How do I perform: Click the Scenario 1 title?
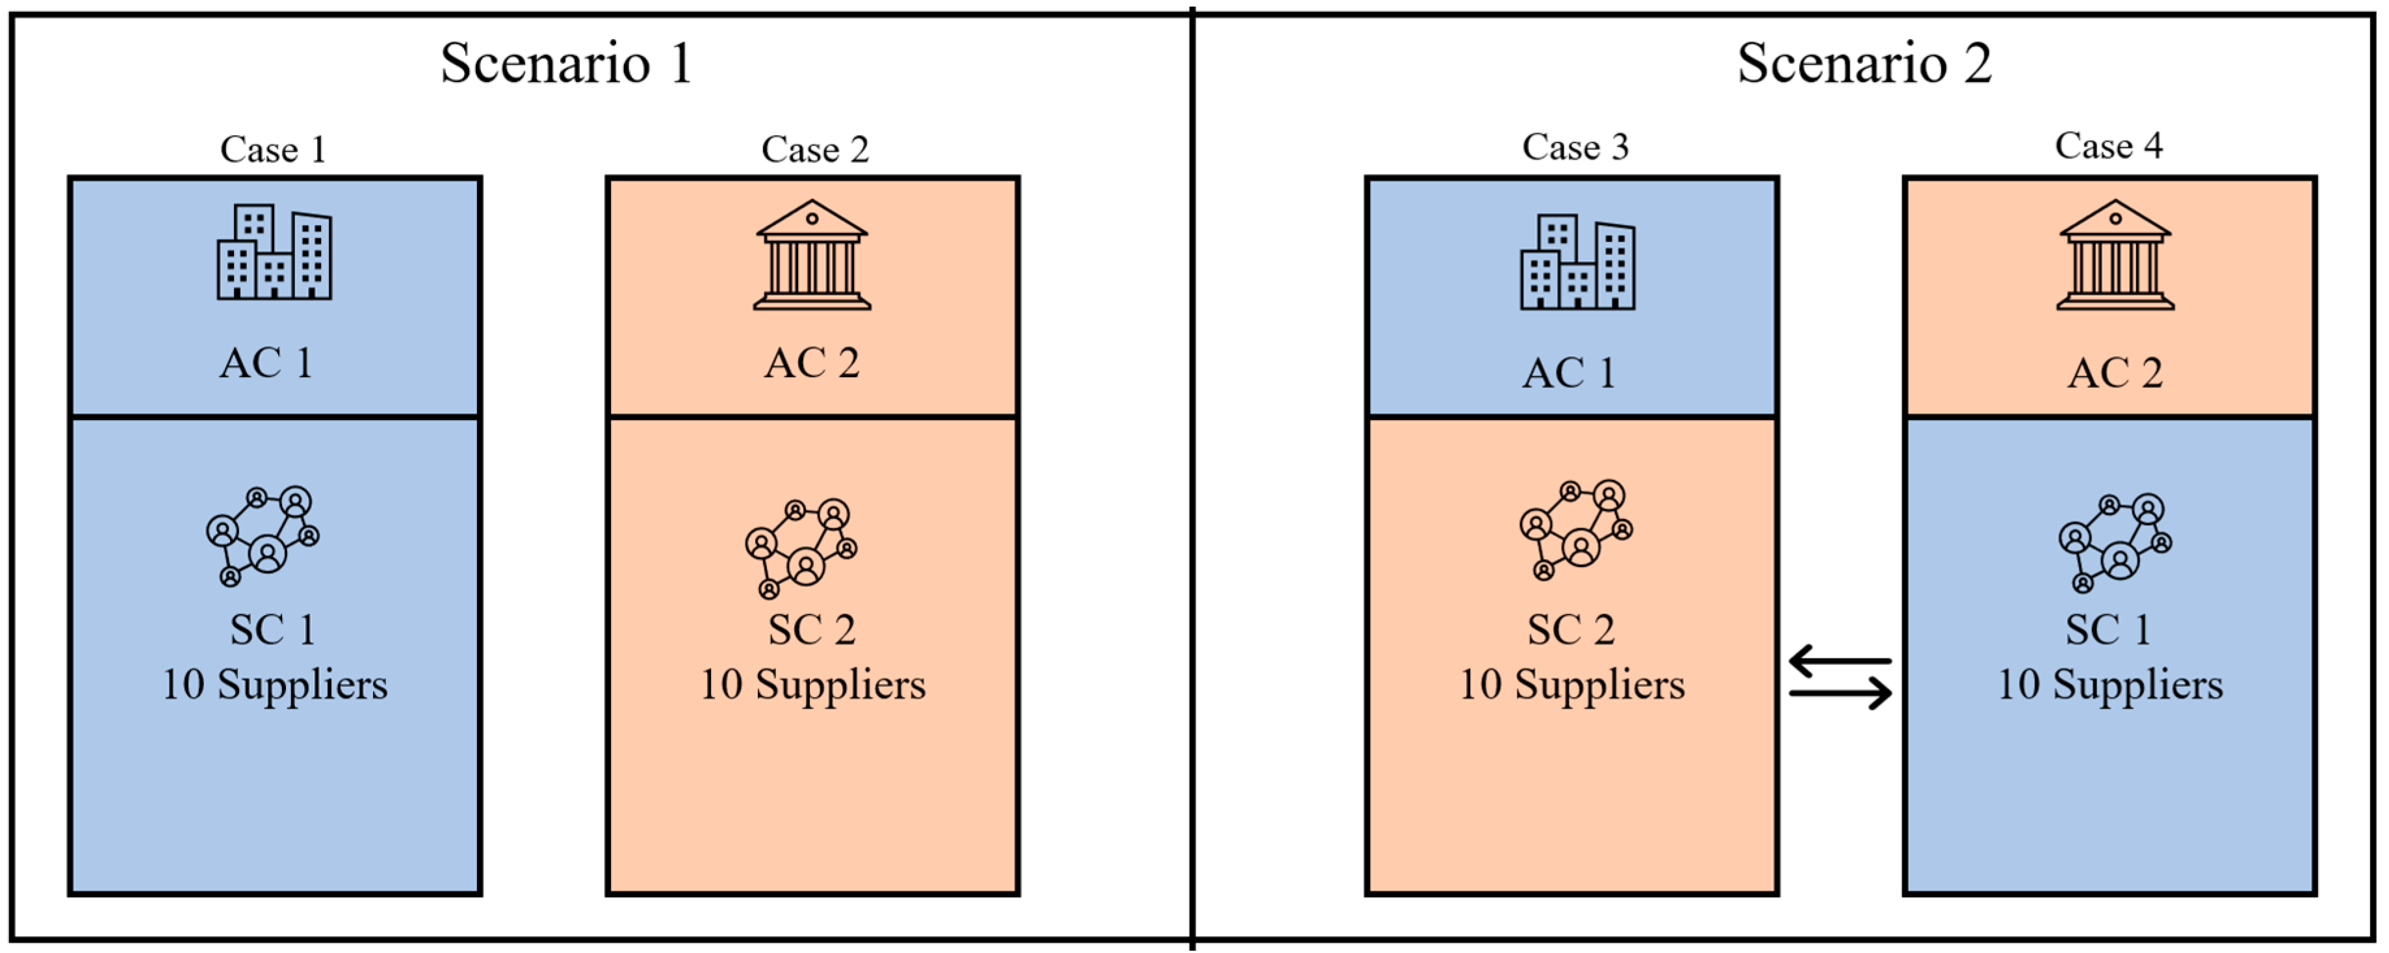coord(565,63)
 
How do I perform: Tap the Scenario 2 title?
coord(1863,63)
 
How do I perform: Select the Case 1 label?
coord(273,150)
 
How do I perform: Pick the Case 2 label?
coord(814,150)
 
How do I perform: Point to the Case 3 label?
coord(1575,147)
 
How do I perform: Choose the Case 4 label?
coord(2108,146)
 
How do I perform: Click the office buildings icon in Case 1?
coord(274,252)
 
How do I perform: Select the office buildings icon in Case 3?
coord(1577,263)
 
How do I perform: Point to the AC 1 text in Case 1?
coord(266,363)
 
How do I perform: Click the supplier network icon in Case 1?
coord(263,536)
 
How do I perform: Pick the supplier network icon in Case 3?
coord(1576,530)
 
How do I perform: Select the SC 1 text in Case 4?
coord(2107,630)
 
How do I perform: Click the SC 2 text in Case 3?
coord(1571,630)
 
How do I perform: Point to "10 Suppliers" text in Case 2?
coord(812,685)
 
